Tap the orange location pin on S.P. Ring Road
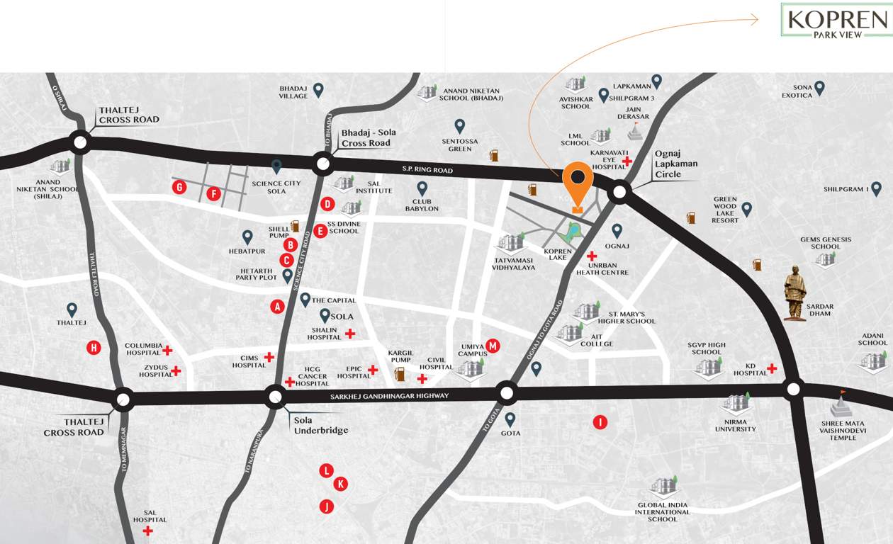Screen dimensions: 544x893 (578, 183)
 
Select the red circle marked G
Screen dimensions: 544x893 (180, 187)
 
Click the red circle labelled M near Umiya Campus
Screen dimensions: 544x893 (493, 346)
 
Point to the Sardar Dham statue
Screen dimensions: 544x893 (795, 293)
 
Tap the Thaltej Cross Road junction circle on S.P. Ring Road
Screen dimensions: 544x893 (80, 142)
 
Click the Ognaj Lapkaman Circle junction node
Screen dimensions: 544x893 (619, 191)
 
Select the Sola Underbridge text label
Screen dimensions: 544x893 (320, 425)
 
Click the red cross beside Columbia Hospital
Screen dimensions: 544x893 (167, 350)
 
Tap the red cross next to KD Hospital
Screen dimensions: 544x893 (772, 368)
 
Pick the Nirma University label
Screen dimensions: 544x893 (736, 425)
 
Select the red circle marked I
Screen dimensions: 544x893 (600, 423)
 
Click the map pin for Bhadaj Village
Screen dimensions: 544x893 (318, 90)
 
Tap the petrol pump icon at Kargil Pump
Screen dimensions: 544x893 (400, 373)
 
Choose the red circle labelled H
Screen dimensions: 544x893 (94, 347)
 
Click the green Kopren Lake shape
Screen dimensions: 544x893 (571, 231)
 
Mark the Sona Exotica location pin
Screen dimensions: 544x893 (819, 88)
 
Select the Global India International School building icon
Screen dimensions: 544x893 (664, 486)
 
